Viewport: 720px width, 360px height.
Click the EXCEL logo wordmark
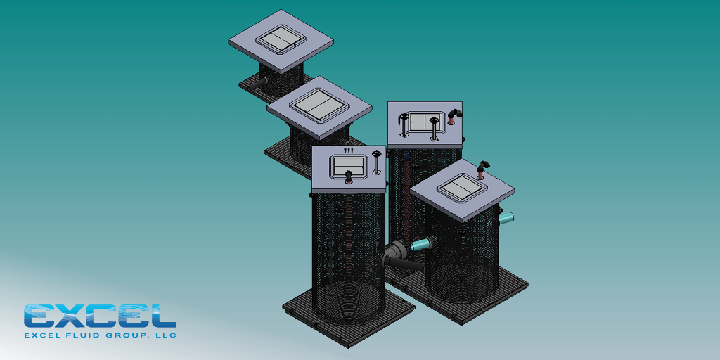point(100,316)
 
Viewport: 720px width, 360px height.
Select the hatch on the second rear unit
point(319,108)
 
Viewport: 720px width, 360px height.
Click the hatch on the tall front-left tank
point(348,167)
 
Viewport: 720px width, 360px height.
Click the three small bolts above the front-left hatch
point(348,150)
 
